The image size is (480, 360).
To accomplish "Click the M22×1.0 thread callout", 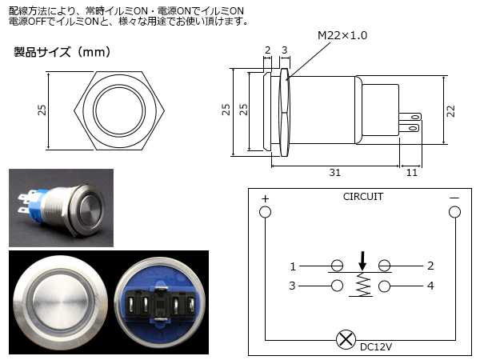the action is tap(342, 35).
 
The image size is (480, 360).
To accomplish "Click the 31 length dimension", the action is tap(335, 173).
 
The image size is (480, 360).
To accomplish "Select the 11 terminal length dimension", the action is tap(412, 173).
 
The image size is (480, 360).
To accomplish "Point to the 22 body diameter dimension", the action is tap(451, 111).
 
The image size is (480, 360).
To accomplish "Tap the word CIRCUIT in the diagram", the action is tap(363, 197).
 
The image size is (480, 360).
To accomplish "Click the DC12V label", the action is tap(376, 347).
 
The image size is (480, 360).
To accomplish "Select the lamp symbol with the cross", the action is tap(346, 339).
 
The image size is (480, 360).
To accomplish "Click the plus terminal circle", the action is tap(265, 212).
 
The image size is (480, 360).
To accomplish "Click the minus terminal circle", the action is tap(454, 212).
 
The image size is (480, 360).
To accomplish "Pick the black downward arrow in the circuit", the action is tap(362, 261).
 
